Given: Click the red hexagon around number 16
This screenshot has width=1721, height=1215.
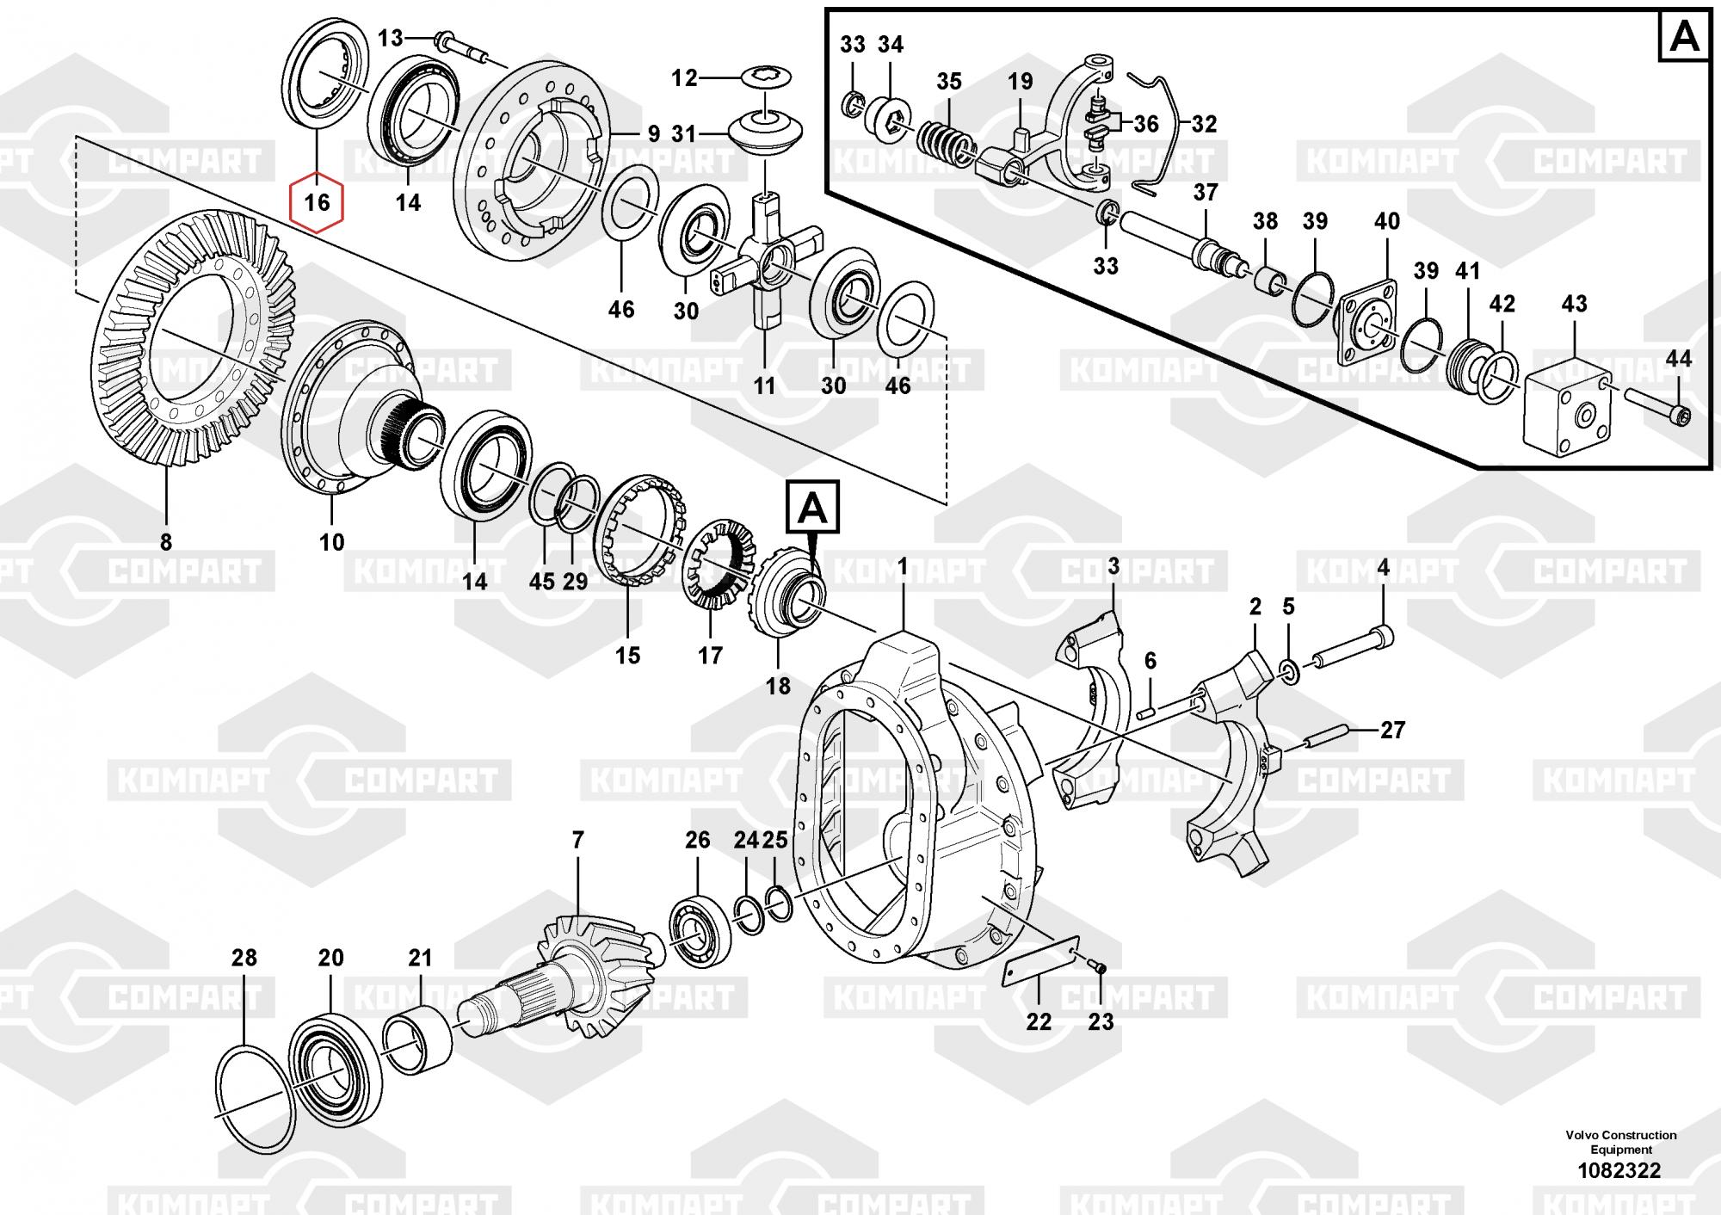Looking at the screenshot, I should click(317, 202).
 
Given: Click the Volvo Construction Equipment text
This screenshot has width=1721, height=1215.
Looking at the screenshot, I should click(1620, 1142).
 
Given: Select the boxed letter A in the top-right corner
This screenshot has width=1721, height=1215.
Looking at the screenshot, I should click(1684, 37).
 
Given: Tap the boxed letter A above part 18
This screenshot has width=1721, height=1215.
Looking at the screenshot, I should click(812, 509).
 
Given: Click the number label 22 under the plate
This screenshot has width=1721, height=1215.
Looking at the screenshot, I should click(1039, 1021).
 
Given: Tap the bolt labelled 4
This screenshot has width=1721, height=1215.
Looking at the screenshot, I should click(1351, 650).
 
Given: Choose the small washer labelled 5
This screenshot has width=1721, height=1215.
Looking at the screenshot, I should click(1289, 670).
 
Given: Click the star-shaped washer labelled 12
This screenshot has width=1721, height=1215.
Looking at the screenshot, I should click(765, 77).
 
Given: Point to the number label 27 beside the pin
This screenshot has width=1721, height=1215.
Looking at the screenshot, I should click(1391, 731).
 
